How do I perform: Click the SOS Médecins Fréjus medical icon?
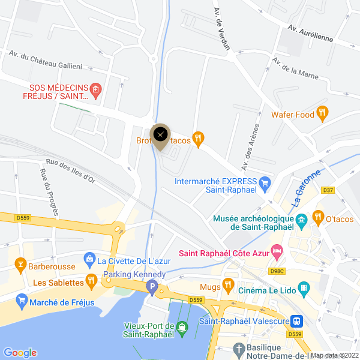[96, 90]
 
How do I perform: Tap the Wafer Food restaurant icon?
[323, 112]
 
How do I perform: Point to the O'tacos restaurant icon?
[318, 217]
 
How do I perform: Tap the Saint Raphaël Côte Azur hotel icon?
[277, 250]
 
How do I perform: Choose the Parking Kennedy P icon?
[153, 289]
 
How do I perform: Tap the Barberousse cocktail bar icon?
[20, 265]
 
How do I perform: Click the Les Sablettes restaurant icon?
[91, 280]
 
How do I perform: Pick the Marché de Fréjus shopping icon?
[23, 300]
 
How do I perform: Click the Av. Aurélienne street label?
[310, 33]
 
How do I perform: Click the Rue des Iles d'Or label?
[70, 170]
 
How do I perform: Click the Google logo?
[20, 353]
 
